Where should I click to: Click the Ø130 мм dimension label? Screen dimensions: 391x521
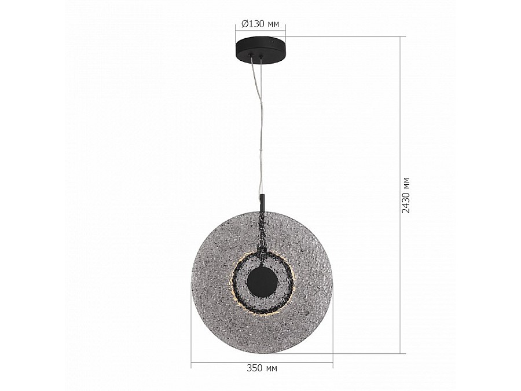coord(260,24)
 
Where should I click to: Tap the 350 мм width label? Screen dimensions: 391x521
coord(262,368)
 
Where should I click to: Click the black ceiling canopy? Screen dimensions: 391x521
coord(260,50)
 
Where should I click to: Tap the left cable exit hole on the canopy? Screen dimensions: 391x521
coord(252,56)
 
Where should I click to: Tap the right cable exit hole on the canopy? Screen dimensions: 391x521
coord(261,56)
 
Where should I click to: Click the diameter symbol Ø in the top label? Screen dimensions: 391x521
coord(244,24)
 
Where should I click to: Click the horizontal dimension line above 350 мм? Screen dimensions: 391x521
coord(262,363)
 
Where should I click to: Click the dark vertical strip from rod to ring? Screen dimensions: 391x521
coord(262,232)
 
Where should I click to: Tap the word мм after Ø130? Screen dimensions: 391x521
coord(273,24)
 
